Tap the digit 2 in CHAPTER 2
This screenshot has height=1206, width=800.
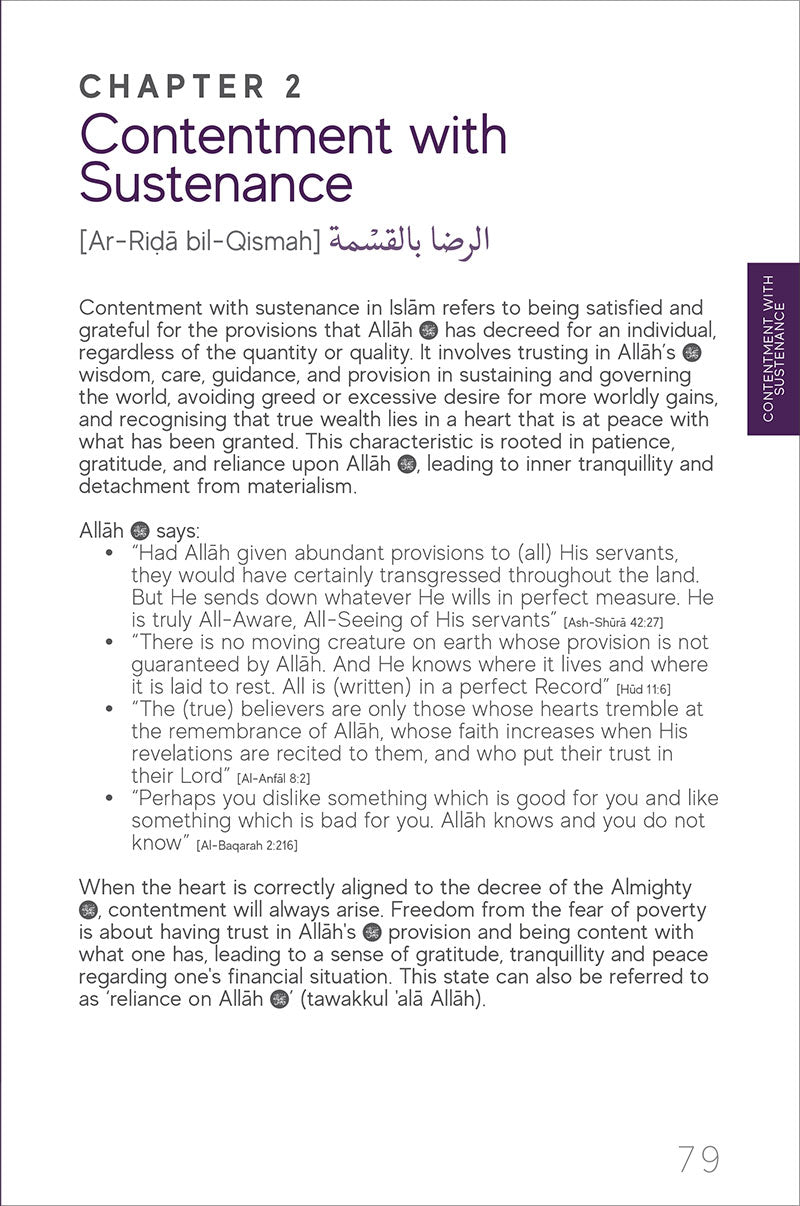pyautogui.click(x=292, y=87)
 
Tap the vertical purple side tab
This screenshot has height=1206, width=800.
pyautogui.click(x=773, y=349)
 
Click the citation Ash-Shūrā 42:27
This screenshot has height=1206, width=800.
pyautogui.click(x=613, y=623)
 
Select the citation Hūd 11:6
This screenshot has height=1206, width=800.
pyautogui.click(x=644, y=689)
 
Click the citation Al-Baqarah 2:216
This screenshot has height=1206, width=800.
pyautogui.click(x=247, y=845)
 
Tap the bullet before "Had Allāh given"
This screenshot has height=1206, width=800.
pyautogui.click(x=108, y=553)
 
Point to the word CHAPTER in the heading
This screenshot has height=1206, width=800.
pyautogui.click(x=170, y=87)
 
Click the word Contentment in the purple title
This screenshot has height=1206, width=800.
pyautogui.click(x=220, y=136)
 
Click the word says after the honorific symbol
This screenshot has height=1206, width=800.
pyautogui.click(x=178, y=530)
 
